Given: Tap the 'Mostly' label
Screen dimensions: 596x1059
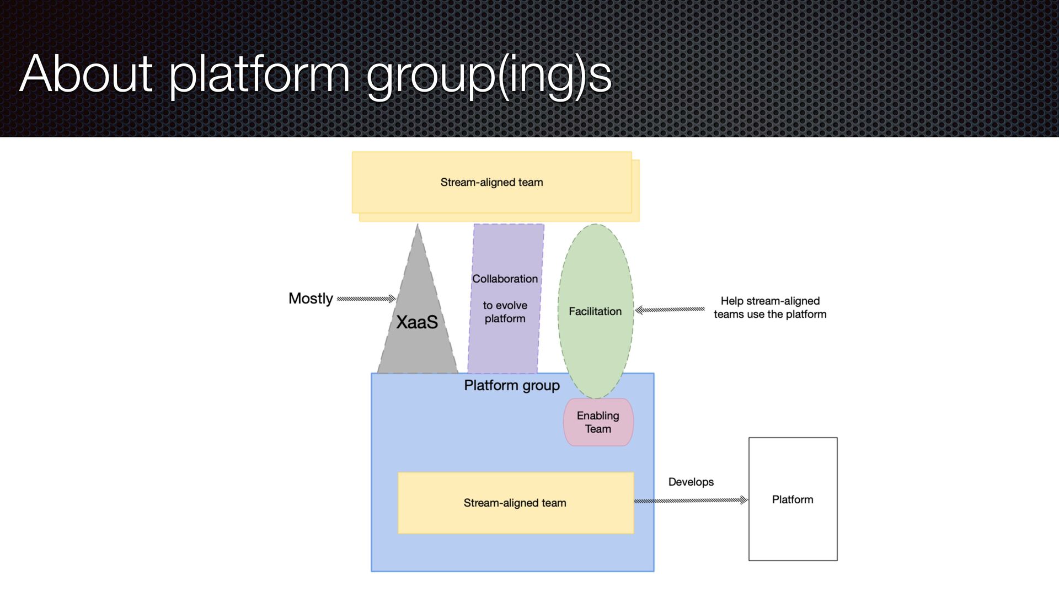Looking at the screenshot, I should pyautogui.click(x=311, y=299).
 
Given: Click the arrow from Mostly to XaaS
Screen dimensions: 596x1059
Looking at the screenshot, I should pyautogui.click(x=365, y=299).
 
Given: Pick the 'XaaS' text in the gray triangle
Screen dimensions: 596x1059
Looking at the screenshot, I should pyautogui.click(x=417, y=322).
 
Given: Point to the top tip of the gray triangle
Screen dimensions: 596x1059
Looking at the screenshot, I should pyautogui.click(x=418, y=226).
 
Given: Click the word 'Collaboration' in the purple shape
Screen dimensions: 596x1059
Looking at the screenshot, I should pyautogui.click(x=505, y=279).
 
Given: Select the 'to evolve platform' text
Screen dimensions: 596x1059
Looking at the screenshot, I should pyautogui.click(x=505, y=312).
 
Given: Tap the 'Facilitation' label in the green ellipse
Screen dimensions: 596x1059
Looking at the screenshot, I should pyautogui.click(x=595, y=311).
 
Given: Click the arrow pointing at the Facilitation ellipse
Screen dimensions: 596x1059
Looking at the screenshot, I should pyautogui.click(x=670, y=310).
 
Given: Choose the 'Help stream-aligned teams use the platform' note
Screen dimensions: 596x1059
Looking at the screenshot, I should pyautogui.click(x=770, y=307).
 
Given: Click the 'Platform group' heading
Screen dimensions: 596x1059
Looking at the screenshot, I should pyautogui.click(x=512, y=385).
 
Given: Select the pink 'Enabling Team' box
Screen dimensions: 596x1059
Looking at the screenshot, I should pyautogui.click(x=598, y=422).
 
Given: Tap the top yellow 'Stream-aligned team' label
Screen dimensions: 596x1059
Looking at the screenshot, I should pyautogui.click(x=491, y=182).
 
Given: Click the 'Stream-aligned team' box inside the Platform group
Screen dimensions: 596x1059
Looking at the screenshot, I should pyautogui.click(x=515, y=503).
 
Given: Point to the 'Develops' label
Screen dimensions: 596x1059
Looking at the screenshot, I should pyautogui.click(x=691, y=482).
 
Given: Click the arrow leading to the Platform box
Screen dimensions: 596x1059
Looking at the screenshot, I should pyautogui.click(x=689, y=501).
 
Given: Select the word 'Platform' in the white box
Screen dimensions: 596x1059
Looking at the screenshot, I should pyautogui.click(x=793, y=499).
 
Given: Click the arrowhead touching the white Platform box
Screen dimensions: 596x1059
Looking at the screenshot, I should pyautogui.click(x=744, y=500).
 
